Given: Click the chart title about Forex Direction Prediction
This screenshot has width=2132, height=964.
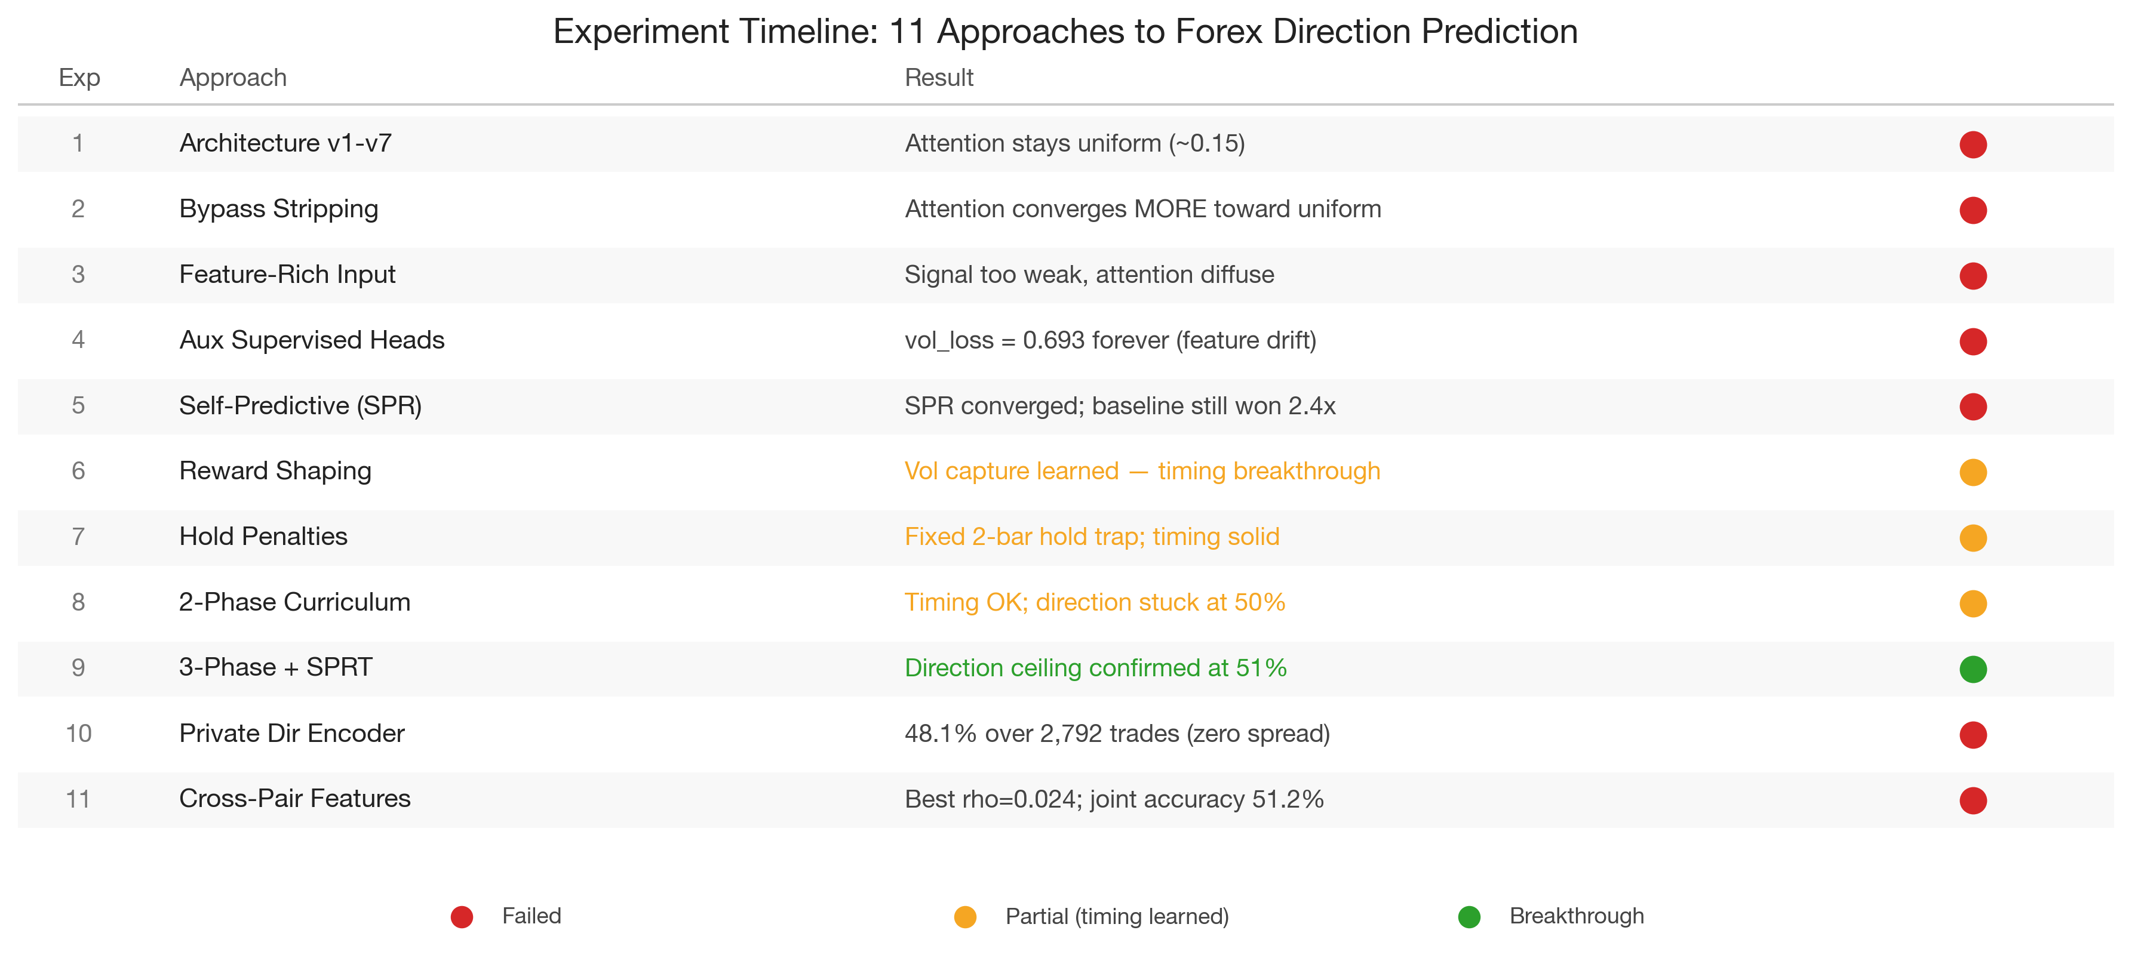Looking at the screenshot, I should click(x=1065, y=32).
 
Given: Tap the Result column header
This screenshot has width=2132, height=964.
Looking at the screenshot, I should click(x=939, y=78).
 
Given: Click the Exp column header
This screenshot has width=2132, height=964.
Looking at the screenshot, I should click(x=79, y=78).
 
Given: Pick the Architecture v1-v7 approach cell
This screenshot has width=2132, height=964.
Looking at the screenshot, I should click(x=285, y=143).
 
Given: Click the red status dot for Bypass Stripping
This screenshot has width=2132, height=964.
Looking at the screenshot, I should click(x=1973, y=210).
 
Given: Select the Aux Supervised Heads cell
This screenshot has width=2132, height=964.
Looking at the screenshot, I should click(x=311, y=340).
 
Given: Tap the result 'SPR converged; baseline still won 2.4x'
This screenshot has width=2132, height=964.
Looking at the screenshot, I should click(x=1119, y=405).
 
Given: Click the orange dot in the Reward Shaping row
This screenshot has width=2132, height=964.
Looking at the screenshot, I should click(x=1973, y=472).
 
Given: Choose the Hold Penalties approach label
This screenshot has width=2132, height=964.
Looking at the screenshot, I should click(x=263, y=536).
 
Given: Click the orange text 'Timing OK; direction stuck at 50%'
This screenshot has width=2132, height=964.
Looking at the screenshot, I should click(x=1094, y=602).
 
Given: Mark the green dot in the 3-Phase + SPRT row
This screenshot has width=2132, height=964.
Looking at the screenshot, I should click(x=1973, y=669).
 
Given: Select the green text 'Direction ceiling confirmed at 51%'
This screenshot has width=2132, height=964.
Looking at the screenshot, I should click(x=1095, y=668).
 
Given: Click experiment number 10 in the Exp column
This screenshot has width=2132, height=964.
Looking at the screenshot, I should click(x=79, y=733).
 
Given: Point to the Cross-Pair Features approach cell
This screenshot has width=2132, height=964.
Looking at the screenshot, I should click(x=294, y=799).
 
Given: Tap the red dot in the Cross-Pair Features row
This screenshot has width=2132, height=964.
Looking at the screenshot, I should click(x=1973, y=800).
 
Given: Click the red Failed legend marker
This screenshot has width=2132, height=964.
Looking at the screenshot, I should click(x=462, y=917).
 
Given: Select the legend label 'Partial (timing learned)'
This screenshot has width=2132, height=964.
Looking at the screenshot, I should click(x=1117, y=916).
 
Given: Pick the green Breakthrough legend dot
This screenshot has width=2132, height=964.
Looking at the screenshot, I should click(x=1469, y=917).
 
